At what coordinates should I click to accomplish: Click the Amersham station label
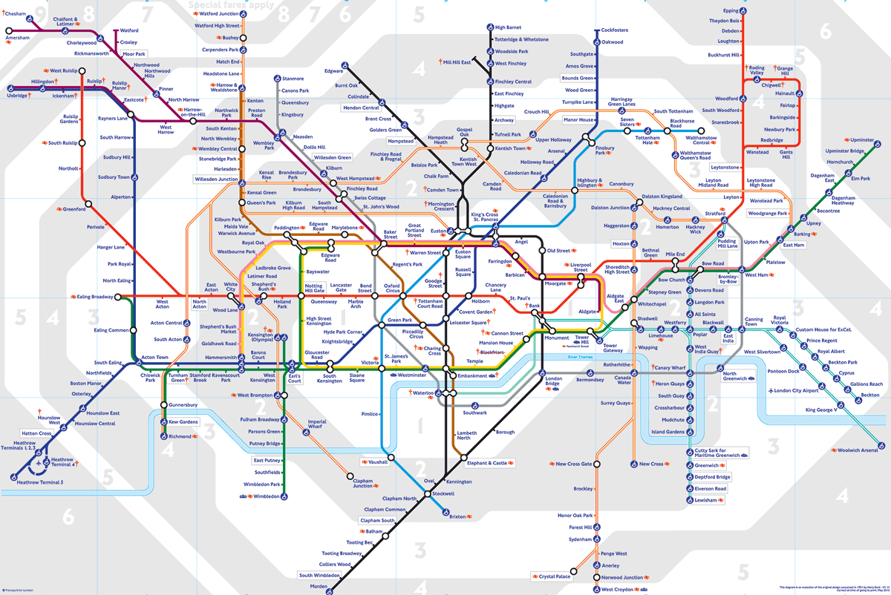(x=17, y=37)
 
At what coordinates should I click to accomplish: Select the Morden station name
(x=318, y=586)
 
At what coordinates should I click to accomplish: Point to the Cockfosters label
(x=614, y=30)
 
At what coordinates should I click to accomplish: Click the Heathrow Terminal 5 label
(x=42, y=483)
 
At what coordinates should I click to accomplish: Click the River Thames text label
(x=582, y=358)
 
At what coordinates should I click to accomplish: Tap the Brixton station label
(x=457, y=516)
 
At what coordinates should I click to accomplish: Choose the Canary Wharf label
(x=670, y=368)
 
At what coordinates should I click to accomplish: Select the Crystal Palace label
(x=555, y=576)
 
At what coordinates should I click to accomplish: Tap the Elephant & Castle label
(x=486, y=463)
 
